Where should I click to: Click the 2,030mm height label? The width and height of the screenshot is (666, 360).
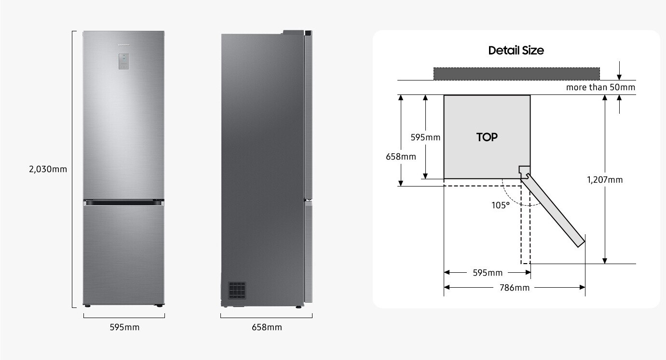48,169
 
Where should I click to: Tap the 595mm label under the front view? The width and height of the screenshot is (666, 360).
124,327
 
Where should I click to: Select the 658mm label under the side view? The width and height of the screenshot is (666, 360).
267,327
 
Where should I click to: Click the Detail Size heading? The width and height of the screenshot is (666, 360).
516,50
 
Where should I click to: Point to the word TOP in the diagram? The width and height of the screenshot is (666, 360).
487,137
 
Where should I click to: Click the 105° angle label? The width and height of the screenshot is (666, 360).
501,205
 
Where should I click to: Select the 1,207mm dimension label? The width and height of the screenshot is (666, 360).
605,180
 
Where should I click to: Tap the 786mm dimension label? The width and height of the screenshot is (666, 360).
515,288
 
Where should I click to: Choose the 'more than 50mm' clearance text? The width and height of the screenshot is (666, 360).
600,87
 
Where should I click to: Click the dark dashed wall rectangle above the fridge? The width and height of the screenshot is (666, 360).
516,74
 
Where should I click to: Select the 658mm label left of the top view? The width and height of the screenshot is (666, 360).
401,156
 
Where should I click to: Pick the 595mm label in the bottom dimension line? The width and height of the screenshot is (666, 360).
488,273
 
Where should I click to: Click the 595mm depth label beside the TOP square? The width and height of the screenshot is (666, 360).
425,137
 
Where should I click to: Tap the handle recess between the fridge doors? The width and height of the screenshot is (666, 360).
123,204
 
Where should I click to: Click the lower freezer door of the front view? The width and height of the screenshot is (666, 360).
123,255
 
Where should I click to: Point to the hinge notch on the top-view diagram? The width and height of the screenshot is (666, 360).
524,171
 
